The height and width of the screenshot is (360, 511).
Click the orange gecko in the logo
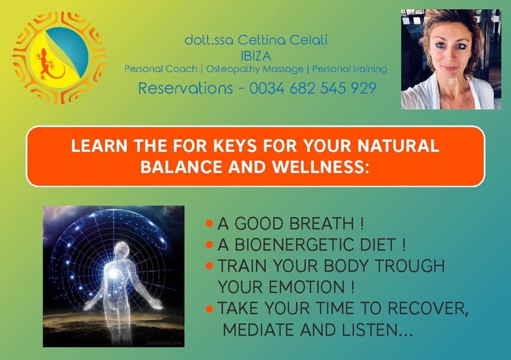49,65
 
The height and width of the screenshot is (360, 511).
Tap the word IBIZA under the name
256,56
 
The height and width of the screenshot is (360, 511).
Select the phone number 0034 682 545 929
313,88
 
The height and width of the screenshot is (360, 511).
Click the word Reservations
185,88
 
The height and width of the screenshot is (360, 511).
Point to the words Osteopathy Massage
254,69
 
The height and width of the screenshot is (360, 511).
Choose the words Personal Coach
161,69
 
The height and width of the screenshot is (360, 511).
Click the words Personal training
350,69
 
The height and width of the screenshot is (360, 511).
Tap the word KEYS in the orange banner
235,146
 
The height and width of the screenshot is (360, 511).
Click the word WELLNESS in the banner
318,167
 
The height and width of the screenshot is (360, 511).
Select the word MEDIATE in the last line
259,330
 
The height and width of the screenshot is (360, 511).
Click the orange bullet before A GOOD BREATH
209,224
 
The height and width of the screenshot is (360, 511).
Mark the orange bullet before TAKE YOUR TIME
209,308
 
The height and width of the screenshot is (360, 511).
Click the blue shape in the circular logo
70,49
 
